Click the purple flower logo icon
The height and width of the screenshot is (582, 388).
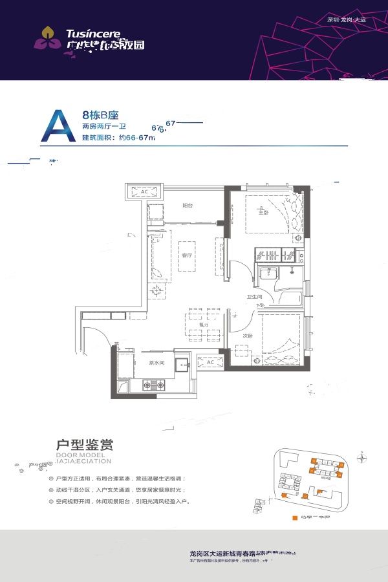coord(47,38)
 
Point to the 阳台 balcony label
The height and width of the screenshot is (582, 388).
coord(188,205)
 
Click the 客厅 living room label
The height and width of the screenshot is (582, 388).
coord(187,255)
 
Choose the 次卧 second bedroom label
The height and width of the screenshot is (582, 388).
coord(247,336)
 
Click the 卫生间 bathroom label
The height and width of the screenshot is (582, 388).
coord(253,297)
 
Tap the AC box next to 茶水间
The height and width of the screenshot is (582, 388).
coord(210,362)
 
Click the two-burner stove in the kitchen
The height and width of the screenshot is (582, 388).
coord(153,386)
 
